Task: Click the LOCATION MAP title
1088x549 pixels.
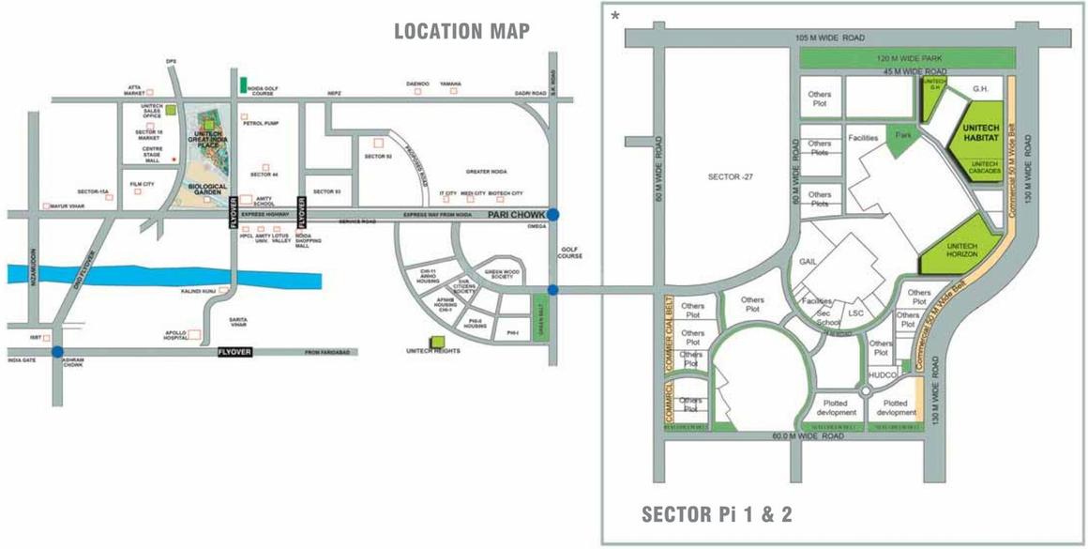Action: click(461, 31)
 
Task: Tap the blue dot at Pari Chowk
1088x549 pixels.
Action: click(553, 215)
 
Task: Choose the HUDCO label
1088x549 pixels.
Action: click(882, 375)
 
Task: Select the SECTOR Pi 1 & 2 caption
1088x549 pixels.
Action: click(718, 514)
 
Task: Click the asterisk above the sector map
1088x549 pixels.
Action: click(615, 16)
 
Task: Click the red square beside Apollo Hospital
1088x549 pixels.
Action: click(196, 334)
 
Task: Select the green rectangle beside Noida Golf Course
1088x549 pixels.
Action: click(244, 85)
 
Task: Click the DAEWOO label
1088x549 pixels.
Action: click(417, 84)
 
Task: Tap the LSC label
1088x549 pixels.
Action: click(854, 312)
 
